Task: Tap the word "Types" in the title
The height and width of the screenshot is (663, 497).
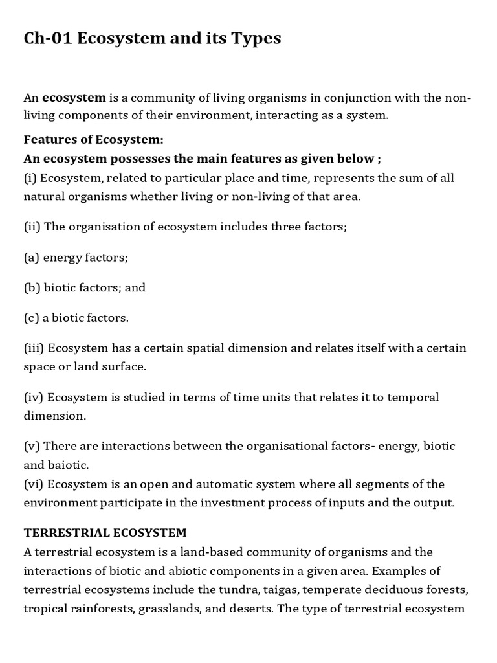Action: (255, 39)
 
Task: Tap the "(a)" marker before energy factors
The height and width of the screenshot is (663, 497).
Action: (32, 258)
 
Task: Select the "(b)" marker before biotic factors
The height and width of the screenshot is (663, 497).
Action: (32, 287)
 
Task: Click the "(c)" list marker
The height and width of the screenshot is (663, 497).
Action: (32, 318)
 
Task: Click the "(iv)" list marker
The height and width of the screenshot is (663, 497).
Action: (34, 397)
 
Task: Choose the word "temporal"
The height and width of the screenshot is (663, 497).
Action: (415, 397)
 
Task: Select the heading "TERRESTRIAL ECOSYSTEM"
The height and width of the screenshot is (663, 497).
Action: (105, 533)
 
